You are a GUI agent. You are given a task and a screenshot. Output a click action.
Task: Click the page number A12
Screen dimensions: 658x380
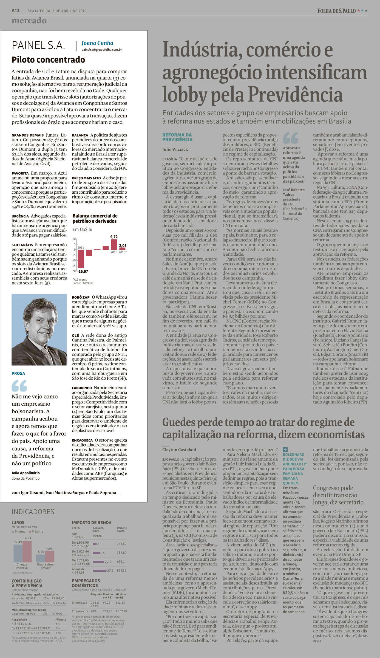point(15,11)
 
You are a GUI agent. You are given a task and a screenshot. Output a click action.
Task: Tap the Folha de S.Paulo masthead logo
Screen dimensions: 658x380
point(336,11)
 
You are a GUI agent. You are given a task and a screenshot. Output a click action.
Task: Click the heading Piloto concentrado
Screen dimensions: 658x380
point(48,60)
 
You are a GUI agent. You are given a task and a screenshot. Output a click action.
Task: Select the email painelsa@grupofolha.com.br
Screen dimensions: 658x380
point(101,50)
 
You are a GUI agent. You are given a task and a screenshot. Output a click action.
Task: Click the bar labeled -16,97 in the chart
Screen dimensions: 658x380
point(81,259)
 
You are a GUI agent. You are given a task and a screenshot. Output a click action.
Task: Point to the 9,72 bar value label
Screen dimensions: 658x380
point(114,236)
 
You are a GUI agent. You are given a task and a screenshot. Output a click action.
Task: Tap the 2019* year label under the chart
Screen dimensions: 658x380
point(123,252)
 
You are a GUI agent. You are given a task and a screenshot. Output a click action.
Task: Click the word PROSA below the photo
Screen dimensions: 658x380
point(18,373)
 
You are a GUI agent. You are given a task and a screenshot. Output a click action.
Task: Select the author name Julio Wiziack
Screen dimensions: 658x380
point(175,149)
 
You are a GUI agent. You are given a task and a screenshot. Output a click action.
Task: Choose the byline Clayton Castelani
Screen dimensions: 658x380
point(179,450)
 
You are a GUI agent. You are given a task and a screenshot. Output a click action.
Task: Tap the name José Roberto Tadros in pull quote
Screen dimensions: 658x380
point(293,192)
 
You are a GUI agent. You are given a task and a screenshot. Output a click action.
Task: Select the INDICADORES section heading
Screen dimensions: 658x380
point(33,512)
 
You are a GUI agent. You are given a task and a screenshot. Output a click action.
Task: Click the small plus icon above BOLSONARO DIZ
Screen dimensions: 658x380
point(285,450)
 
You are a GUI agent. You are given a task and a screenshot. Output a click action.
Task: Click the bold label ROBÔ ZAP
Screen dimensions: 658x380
point(81,297)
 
